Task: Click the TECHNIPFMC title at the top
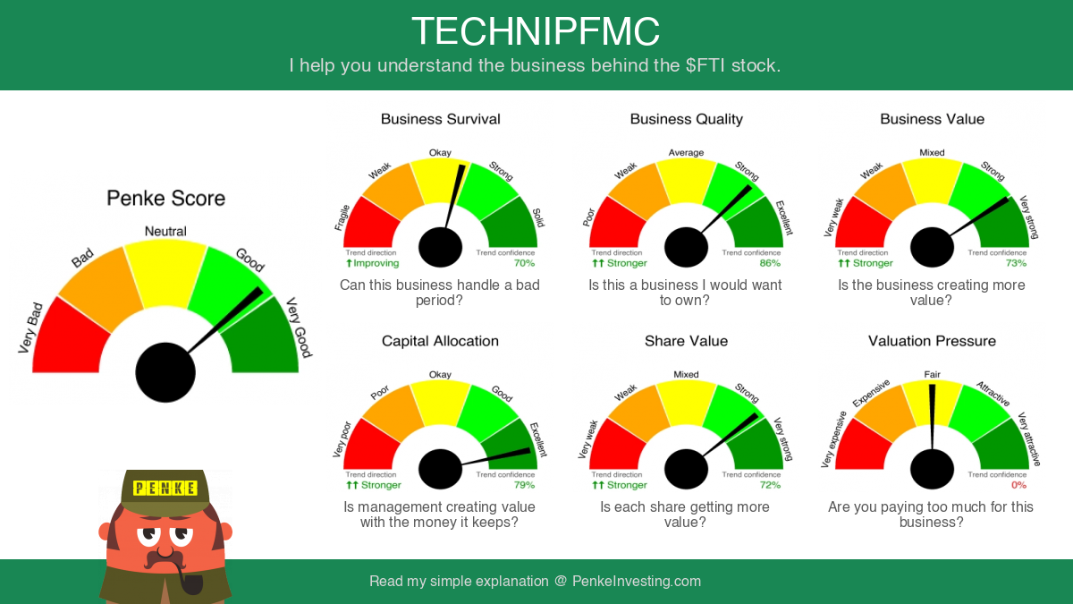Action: click(536, 31)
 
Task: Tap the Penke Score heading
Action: click(165, 198)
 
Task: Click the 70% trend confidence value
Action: click(524, 263)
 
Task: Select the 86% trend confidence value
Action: click(770, 263)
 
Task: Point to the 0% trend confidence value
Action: click(1018, 485)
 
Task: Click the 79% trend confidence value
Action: click(524, 485)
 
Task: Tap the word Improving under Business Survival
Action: click(376, 263)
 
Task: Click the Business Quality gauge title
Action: click(687, 119)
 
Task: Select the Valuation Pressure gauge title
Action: click(932, 341)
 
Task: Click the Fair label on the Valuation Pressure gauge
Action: click(932, 374)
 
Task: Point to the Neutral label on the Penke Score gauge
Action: click(165, 231)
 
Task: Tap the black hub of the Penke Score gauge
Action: click(165, 372)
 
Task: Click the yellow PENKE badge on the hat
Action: click(165, 488)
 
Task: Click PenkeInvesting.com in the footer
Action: click(637, 581)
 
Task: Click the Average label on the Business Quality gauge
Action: click(686, 152)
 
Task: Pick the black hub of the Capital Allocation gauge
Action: click(440, 469)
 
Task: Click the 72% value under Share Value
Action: click(770, 485)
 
